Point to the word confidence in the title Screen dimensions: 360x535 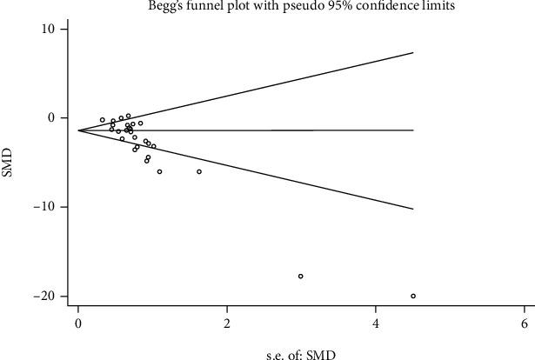(x=354, y=7)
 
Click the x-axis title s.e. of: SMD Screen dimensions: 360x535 (x=300, y=353)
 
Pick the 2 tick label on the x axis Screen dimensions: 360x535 (x=227, y=323)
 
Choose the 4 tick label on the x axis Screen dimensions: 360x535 (x=376, y=323)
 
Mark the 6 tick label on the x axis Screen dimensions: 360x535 (x=525, y=323)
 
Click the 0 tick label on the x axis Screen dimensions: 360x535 (x=78, y=323)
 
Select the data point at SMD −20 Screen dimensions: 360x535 (x=413, y=296)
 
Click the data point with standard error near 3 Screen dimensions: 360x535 (x=301, y=276)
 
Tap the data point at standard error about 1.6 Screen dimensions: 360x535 (x=199, y=171)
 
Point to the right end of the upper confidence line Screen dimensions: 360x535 (x=412, y=52)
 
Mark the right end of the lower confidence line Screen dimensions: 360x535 (x=412, y=209)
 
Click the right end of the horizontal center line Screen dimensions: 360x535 (x=412, y=130)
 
